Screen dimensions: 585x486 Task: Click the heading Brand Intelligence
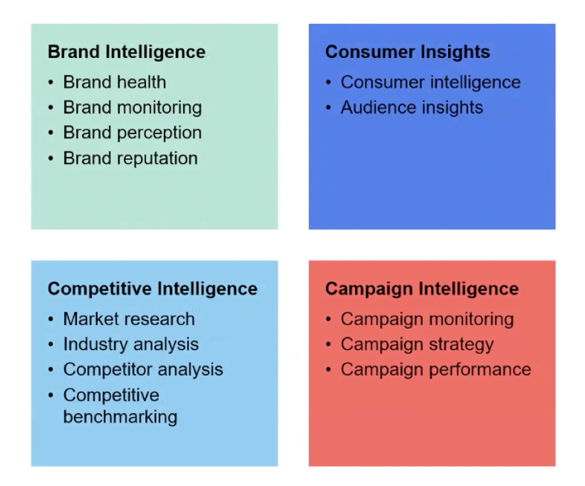[127, 52]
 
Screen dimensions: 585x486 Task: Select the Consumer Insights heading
[407, 52]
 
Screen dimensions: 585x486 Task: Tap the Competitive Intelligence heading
[153, 289]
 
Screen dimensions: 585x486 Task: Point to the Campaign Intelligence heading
[422, 289]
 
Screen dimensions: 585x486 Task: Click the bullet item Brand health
[114, 82]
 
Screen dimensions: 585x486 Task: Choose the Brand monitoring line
[132, 108]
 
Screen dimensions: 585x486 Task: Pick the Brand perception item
[132, 133]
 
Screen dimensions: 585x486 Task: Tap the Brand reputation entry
[130, 158]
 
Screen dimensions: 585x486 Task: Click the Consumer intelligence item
[431, 83]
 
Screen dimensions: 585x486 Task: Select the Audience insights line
[412, 108]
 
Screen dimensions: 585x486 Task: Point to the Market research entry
[129, 319]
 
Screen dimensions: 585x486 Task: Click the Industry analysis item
[131, 344]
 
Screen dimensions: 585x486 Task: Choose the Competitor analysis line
[143, 370]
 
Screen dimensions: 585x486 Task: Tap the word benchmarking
[120, 417]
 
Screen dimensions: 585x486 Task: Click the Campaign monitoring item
[427, 319]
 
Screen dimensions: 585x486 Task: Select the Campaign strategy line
[417, 344]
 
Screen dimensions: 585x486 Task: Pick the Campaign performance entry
[436, 370]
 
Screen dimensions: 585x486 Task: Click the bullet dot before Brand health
[51, 83]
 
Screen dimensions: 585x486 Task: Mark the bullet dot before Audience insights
[328, 108]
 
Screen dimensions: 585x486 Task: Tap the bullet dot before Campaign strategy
[328, 344]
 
